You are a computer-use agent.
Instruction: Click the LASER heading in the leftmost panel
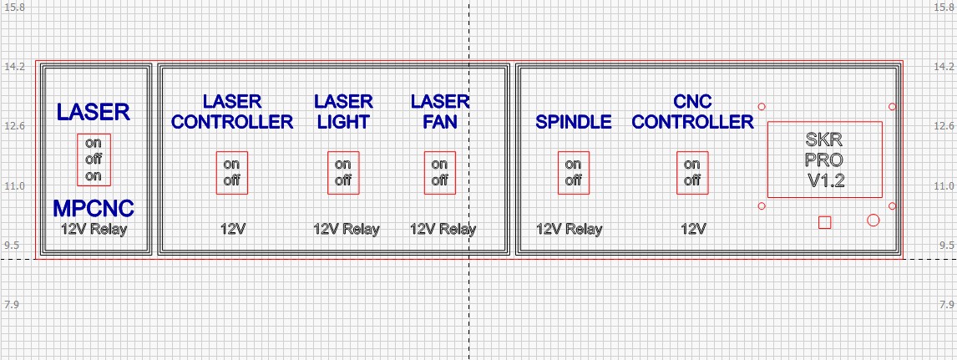click(x=93, y=112)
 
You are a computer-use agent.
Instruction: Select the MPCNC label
click(x=93, y=208)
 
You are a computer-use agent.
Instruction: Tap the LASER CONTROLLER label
click(x=231, y=112)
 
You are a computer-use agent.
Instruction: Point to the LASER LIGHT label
click(x=343, y=112)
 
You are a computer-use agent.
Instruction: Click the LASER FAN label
click(x=439, y=112)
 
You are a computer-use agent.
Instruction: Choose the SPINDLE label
click(x=573, y=122)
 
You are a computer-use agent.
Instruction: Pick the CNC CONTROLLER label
click(x=692, y=112)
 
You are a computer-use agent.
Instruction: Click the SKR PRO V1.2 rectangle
click(x=824, y=160)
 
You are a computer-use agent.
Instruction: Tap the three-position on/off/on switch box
click(x=93, y=159)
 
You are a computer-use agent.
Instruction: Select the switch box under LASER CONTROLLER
click(x=231, y=173)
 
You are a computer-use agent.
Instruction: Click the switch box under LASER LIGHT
click(x=343, y=173)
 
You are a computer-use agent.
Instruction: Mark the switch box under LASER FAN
click(x=439, y=173)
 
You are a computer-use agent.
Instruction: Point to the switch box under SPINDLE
click(x=573, y=173)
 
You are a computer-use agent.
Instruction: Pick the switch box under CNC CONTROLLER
click(x=692, y=173)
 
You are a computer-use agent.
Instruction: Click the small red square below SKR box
click(x=824, y=221)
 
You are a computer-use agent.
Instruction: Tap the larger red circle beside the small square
click(x=873, y=221)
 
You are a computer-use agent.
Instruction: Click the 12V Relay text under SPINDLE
click(x=568, y=229)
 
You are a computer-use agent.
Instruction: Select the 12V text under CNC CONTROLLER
click(x=692, y=229)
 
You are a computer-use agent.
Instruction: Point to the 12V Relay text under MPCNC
click(x=93, y=228)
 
